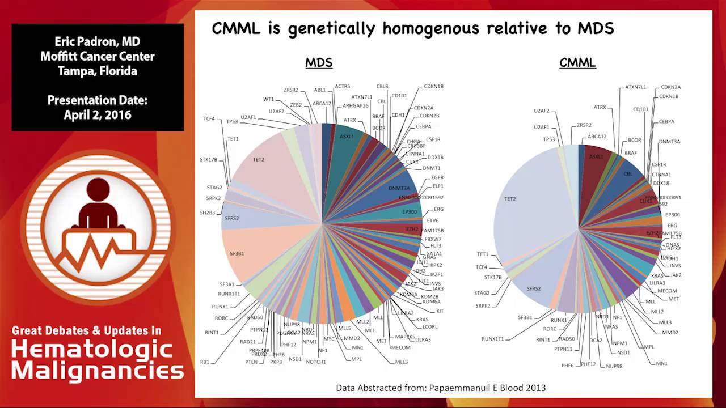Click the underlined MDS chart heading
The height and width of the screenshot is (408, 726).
point(319,63)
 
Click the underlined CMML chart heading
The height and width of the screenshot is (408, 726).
point(577,63)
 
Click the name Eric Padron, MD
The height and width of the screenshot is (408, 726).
point(98,41)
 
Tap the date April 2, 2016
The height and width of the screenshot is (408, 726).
point(98,115)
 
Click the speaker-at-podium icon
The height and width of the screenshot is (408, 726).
point(98,227)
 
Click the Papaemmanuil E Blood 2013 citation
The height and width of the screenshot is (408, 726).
point(441,388)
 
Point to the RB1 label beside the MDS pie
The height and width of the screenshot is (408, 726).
point(205,362)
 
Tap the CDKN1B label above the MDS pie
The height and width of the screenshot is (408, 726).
point(433,87)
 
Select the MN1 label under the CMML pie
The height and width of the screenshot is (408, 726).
point(661,363)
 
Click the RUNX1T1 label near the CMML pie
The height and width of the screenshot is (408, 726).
point(492,339)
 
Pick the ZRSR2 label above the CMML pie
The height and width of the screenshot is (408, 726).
point(584,125)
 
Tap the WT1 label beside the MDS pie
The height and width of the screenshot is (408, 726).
point(268,99)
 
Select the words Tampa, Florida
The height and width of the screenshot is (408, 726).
point(98,71)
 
